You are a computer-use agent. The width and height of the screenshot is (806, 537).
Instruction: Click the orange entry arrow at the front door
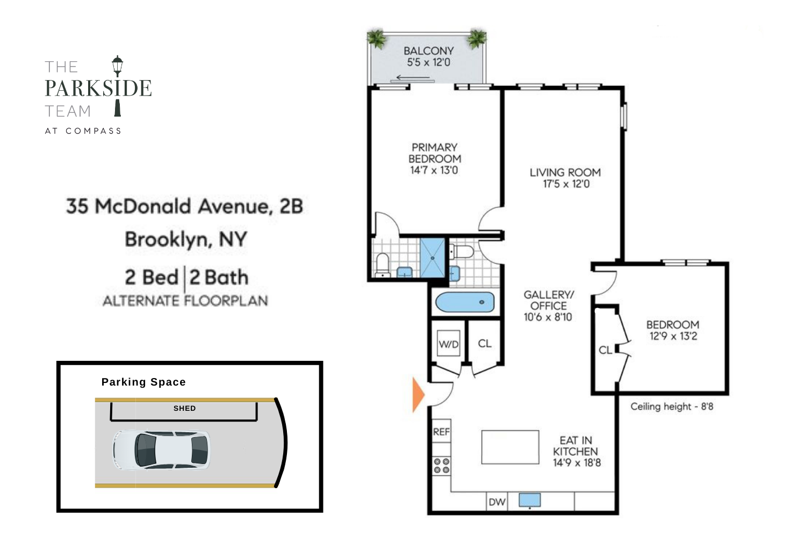click(x=418, y=395)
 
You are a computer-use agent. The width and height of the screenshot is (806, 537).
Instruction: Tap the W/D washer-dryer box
click(x=449, y=344)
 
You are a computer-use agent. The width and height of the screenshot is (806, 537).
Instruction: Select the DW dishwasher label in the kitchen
click(x=497, y=502)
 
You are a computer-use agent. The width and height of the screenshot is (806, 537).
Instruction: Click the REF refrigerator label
click(x=441, y=432)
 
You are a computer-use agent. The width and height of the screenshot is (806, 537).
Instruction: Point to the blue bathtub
click(x=465, y=302)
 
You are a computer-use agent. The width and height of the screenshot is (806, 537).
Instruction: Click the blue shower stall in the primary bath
click(x=433, y=258)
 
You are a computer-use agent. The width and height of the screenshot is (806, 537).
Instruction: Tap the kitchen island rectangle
click(x=510, y=447)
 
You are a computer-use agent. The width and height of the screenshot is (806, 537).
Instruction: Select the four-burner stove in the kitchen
click(x=442, y=466)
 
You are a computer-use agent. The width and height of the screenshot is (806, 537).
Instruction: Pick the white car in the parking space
click(x=161, y=450)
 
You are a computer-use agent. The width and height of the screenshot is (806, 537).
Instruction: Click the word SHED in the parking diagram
click(x=184, y=408)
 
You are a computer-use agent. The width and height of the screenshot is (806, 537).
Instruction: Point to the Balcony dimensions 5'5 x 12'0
click(x=428, y=62)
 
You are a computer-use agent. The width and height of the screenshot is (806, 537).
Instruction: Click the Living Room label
click(x=565, y=172)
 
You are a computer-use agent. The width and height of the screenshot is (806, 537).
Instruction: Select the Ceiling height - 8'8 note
click(x=672, y=407)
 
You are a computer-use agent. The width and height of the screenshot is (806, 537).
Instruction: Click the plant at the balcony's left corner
click(x=377, y=39)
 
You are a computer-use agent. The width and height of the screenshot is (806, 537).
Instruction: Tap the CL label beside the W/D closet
click(x=485, y=344)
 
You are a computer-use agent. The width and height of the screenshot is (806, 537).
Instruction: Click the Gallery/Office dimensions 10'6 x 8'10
click(x=548, y=317)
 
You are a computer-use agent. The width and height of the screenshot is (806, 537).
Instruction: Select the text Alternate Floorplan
click(x=185, y=301)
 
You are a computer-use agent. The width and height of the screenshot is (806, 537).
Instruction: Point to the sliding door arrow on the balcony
click(x=413, y=78)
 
